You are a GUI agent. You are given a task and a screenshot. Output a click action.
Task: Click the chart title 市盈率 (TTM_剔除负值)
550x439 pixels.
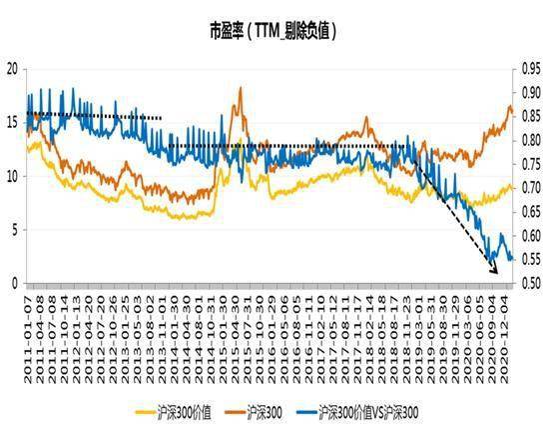pyautogui.click(x=272, y=31)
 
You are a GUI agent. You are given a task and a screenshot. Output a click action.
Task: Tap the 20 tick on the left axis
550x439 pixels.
pyautogui.click(x=12, y=69)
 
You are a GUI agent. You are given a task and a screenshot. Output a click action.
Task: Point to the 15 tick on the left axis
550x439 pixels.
pyautogui.click(x=12, y=123)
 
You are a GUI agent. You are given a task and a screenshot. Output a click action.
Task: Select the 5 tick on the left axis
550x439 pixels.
pyautogui.click(x=14, y=230)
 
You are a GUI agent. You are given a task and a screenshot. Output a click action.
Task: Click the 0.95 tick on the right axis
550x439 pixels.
pyautogui.click(x=530, y=69)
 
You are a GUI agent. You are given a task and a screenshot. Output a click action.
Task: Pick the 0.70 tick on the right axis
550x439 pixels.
pyautogui.click(x=530, y=188)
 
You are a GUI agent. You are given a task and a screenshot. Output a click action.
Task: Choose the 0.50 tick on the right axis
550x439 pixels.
pyautogui.click(x=530, y=283)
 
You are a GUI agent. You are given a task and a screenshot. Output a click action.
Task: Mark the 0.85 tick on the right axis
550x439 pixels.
pyautogui.click(x=530, y=116)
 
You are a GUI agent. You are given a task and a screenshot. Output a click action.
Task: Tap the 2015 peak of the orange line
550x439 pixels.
pyautogui.click(x=241, y=89)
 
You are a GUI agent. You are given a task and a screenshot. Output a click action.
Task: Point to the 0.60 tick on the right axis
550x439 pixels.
pyautogui.click(x=530, y=236)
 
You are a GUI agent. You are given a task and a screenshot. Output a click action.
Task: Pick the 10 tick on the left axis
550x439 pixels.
pyautogui.click(x=12, y=177)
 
